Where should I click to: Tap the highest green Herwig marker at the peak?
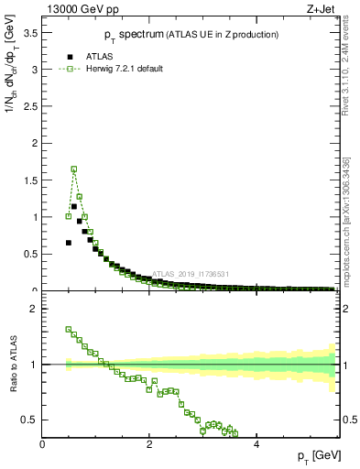74,169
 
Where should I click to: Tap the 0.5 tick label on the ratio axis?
29,420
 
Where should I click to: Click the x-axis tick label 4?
256,444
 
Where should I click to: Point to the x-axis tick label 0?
42,444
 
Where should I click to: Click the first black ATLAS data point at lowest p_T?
69,243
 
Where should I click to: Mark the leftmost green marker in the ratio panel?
69,329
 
